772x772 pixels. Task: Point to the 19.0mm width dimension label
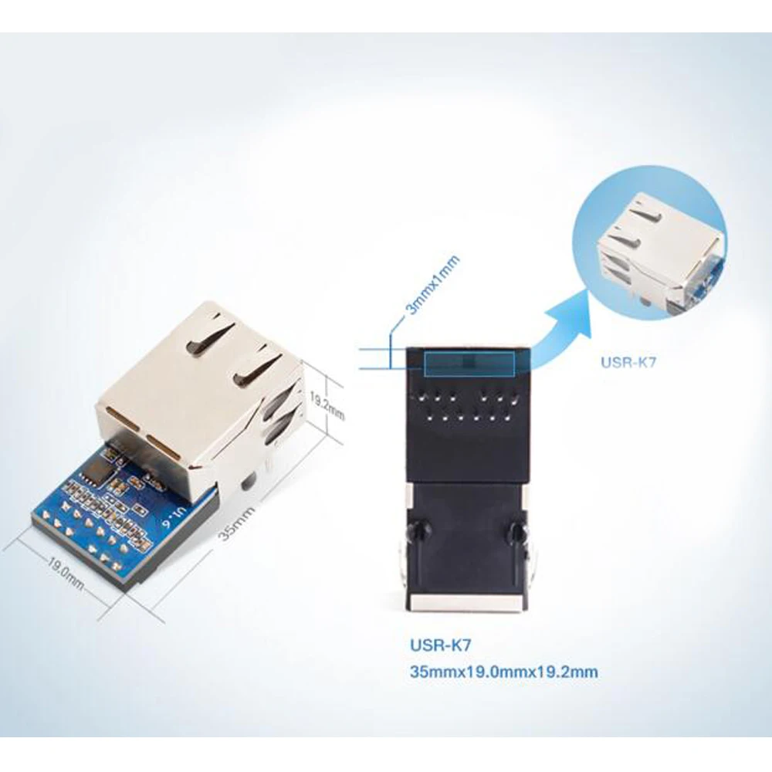(66, 572)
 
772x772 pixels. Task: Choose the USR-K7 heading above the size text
(438, 643)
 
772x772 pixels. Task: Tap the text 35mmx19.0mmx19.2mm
(504, 672)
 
